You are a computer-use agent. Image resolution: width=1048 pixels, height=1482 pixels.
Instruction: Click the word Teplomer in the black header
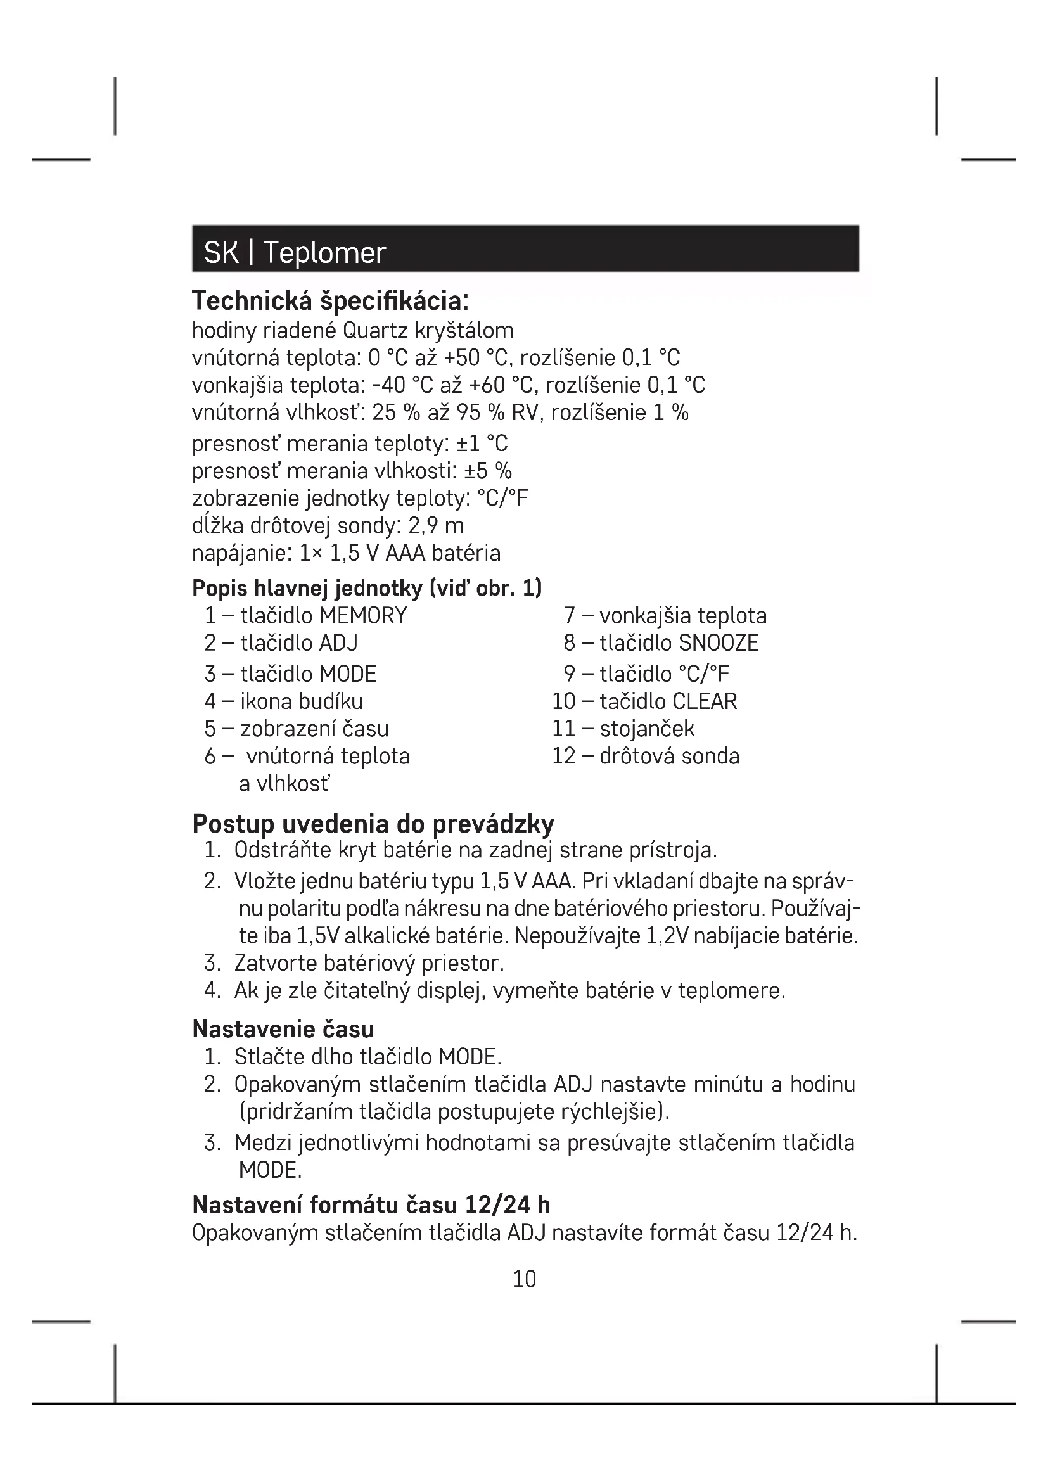tap(324, 252)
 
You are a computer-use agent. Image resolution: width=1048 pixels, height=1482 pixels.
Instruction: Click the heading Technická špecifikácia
tap(329, 301)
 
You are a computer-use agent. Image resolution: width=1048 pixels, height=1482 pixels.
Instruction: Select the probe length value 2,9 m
tap(436, 526)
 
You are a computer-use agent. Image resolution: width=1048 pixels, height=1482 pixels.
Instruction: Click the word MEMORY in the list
tap(363, 615)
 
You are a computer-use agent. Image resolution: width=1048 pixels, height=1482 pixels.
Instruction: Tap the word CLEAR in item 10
tap(705, 701)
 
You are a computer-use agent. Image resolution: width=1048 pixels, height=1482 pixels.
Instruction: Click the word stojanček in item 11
tap(647, 729)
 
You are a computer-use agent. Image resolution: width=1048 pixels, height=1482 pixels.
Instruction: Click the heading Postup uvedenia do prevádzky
tap(373, 824)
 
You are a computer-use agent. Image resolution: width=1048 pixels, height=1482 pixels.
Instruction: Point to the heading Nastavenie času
tap(283, 1029)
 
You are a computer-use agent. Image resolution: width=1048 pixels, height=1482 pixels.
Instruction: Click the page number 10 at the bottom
tap(524, 1279)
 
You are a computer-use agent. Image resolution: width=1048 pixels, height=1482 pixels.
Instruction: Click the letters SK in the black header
tap(221, 252)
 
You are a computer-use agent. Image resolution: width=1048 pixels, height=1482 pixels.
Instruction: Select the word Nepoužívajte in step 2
tap(578, 936)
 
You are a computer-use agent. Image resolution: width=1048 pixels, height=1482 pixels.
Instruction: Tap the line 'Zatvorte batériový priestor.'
tap(369, 963)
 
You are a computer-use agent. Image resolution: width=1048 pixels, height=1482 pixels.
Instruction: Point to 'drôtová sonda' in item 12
tap(669, 756)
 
